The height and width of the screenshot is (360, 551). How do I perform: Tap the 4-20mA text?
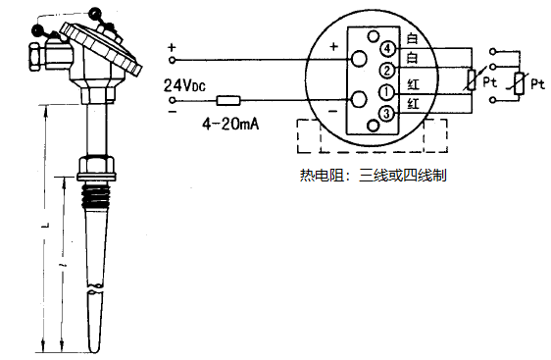pyautogui.click(x=230, y=124)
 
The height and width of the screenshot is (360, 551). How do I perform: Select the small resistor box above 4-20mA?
pyautogui.click(x=228, y=100)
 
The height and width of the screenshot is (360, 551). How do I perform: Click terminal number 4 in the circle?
pyautogui.click(x=388, y=49)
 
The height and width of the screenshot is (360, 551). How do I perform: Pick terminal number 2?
pyautogui.click(x=388, y=71)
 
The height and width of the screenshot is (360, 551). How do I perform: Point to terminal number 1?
pyautogui.click(x=388, y=92)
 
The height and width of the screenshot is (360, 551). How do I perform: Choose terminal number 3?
pyautogui.click(x=388, y=115)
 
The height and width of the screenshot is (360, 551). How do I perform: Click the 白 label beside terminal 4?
pyautogui.click(x=413, y=38)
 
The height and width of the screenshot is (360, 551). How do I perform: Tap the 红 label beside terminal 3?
pyautogui.click(x=413, y=104)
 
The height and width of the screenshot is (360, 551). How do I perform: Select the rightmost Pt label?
pyautogui.click(x=537, y=85)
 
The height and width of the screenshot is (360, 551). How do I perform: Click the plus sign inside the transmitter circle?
pyautogui.click(x=333, y=46)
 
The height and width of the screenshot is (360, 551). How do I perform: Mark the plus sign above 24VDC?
pyautogui.click(x=173, y=47)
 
